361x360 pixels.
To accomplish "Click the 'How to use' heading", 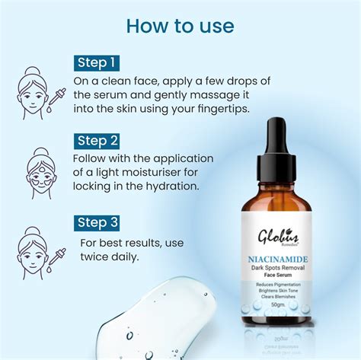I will (x=180, y=26).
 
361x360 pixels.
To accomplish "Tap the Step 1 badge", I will (x=97, y=62).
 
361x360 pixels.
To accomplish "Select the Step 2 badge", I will (x=97, y=141).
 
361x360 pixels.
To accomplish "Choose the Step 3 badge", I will (x=97, y=222).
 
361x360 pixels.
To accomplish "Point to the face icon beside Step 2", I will (x=39, y=168).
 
